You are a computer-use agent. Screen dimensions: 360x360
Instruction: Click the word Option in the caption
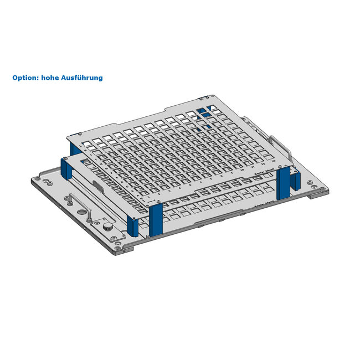point(24,78)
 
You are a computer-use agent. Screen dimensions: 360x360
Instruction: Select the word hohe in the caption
point(53,78)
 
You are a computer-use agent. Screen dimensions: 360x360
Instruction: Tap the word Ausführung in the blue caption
point(83,78)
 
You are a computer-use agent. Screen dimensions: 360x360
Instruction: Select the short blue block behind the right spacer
point(295,179)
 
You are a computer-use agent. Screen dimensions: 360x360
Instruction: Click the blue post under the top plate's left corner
point(75,148)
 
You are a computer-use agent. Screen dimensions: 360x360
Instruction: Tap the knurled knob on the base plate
point(107,227)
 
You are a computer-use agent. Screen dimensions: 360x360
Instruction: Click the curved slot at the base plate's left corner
point(47,182)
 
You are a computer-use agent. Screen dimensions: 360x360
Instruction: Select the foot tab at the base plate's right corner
point(320,192)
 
